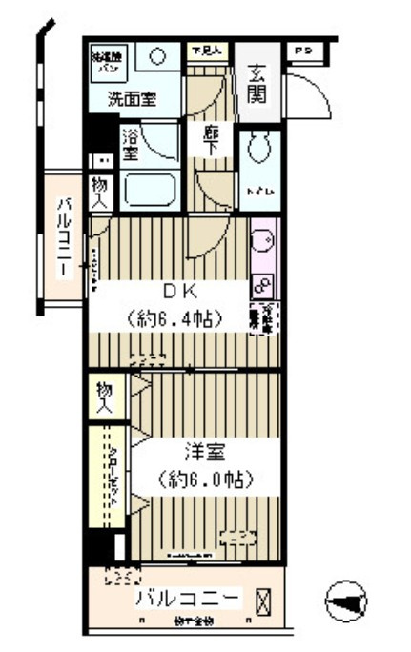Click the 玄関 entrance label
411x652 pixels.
coord(258,83)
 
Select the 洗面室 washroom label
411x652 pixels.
coord(132,98)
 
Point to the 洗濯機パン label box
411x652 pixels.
coord(105,62)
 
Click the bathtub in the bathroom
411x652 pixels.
coord(151,190)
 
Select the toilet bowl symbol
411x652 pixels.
coord(258,149)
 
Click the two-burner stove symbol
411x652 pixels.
coord(263,283)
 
